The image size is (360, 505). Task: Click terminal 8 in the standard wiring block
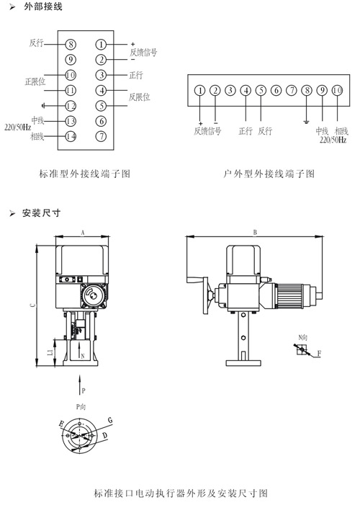coord(71,44)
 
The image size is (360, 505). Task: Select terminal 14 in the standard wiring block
coord(71,137)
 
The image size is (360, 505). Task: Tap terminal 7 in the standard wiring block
coord(101,137)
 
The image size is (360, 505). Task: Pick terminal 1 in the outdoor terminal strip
coord(200,91)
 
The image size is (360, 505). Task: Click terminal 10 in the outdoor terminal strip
coord(337,91)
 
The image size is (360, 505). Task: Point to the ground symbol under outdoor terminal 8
coord(307,122)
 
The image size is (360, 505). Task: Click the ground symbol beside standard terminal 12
coord(43,106)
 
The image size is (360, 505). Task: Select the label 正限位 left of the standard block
coord(35,82)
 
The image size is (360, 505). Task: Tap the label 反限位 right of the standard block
coord(140,97)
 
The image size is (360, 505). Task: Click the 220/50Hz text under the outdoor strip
coord(333,140)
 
